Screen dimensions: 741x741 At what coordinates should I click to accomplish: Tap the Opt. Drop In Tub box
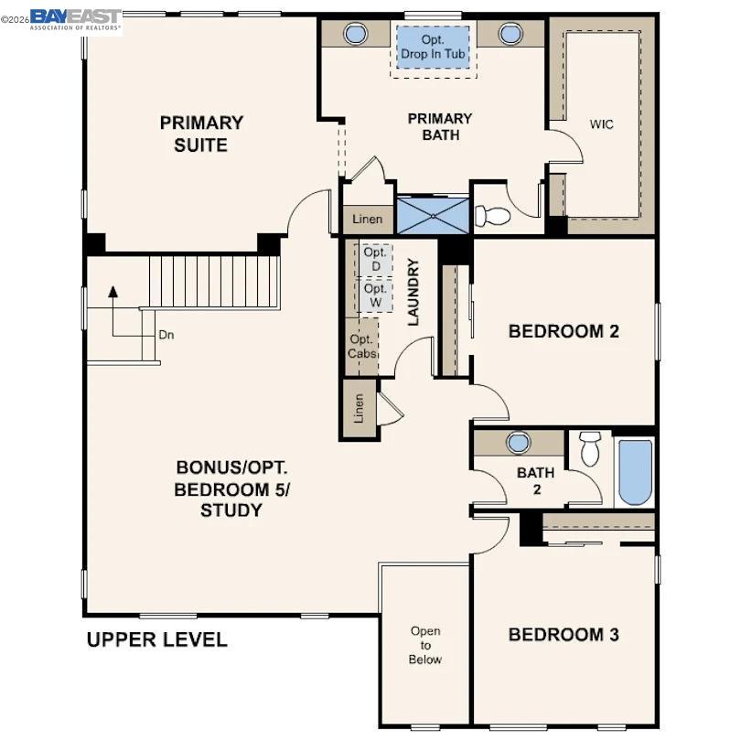(433, 48)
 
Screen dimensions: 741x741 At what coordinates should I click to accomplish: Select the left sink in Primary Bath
(355, 34)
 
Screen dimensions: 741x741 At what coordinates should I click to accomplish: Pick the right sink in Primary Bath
(510, 34)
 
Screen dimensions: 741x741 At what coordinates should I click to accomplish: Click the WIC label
(601, 124)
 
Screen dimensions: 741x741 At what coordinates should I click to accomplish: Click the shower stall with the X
(433, 217)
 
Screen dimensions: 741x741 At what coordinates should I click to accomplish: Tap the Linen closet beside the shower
(367, 220)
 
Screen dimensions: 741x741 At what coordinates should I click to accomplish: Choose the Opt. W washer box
(375, 295)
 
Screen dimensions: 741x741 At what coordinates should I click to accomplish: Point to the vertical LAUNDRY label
(413, 292)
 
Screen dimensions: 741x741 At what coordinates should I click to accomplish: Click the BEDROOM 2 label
(564, 331)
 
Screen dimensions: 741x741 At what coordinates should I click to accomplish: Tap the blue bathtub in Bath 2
(635, 472)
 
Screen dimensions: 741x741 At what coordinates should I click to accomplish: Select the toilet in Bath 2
(590, 449)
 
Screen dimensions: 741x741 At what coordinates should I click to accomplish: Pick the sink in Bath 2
(519, 443)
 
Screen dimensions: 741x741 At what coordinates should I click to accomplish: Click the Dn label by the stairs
(166, 335)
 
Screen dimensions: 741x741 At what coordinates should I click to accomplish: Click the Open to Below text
(425, 645)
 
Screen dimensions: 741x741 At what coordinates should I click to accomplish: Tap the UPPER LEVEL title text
(156, 639)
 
